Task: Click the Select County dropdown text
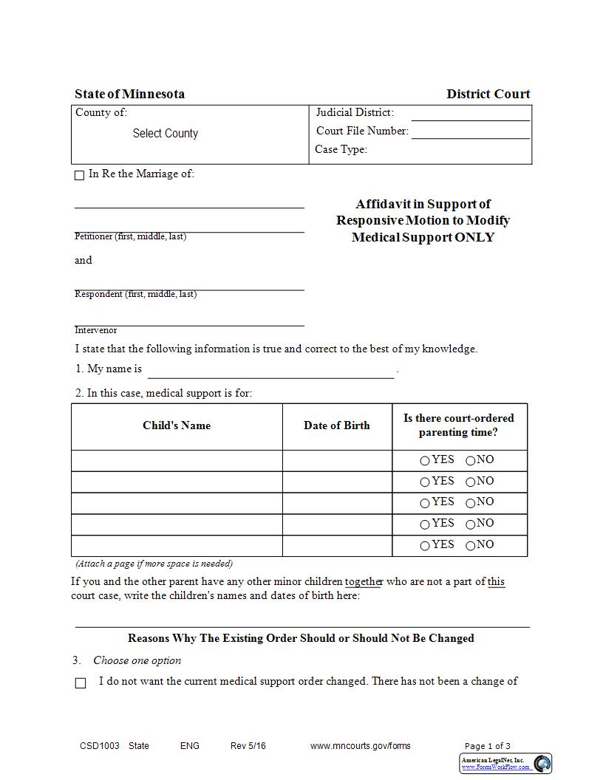(165, 134)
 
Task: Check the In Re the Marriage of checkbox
(80, 175)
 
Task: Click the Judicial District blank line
(470, 114)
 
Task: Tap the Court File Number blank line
(470, 132)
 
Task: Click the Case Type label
(341, 149)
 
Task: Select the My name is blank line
(270, 371)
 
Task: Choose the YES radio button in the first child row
(425, 461)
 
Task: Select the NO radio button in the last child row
(471, 546)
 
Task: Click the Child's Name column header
(177, 425)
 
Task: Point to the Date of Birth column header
(337, 425)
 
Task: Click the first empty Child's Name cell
(177, 460)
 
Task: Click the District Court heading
(488, 94)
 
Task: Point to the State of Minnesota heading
(130, 94)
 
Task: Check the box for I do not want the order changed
(81, 683)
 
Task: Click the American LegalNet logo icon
(542, 763)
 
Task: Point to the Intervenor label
(96, 330)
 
